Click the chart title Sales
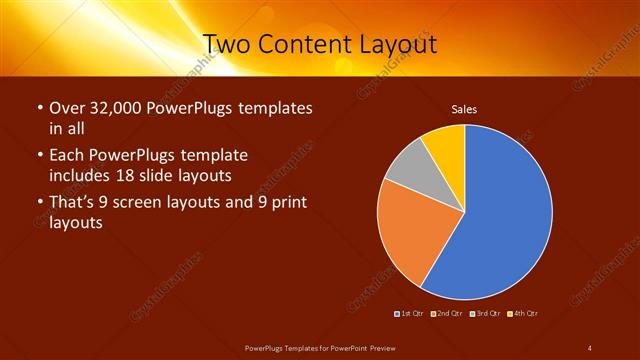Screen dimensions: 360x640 coord(464,108)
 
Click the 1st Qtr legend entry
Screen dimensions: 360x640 coord(411,314)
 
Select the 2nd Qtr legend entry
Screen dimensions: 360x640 coord(447,314)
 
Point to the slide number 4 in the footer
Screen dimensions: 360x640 coord(589,347)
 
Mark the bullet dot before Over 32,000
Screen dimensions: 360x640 coord(38,108)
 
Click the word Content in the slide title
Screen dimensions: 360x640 coord(299,44)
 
